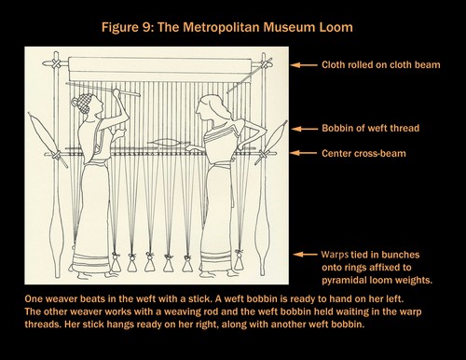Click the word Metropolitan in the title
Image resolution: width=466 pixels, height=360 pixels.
coord(222,28)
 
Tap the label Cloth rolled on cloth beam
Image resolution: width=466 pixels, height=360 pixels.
coord(381,65)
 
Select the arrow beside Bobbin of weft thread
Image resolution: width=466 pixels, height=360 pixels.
coord(305,129)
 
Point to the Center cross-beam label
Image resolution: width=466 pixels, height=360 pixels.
coord(363,154)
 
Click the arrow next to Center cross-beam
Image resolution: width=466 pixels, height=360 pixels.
coord(303,153)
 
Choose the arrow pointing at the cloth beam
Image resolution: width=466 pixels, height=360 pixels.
coord(304,65)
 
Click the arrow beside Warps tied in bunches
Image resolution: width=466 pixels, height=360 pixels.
coord(305,255)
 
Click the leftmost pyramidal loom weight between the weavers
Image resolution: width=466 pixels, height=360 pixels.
coord(116,262)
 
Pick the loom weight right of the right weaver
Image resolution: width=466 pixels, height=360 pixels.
coord(239,260)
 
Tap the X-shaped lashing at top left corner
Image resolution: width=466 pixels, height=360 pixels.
coord(56,64)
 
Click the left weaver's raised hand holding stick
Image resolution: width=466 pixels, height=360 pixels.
coord(116,92)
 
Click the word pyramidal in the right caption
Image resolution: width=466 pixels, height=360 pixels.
coord(346,281)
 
